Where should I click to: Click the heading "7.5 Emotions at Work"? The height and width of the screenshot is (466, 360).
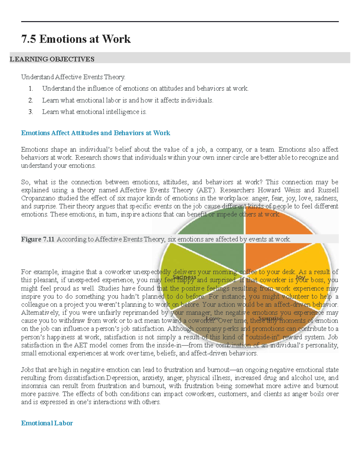click(76, 39)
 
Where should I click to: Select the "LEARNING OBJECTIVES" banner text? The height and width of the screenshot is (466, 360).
click(52, 59)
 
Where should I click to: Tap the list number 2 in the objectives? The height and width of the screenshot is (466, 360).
click(30, 100)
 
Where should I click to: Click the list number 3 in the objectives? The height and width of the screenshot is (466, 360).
click(30, 112)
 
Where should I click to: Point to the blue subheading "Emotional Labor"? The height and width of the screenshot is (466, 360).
click(47, 423)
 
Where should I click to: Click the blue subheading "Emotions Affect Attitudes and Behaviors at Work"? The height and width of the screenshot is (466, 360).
click(95, 133)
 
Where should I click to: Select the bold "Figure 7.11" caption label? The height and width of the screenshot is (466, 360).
click(37, 239)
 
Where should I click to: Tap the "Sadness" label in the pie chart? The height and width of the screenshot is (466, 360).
click(184, 277)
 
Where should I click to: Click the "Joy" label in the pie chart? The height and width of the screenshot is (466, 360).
click(300, 278)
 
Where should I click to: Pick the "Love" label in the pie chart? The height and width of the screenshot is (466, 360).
click(213, 318)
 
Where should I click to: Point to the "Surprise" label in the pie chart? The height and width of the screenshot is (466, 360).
click(270, 318)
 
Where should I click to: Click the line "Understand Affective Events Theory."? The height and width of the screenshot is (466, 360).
click(73, 77)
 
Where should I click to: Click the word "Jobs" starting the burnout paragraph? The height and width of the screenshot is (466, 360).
click(27, 370)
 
